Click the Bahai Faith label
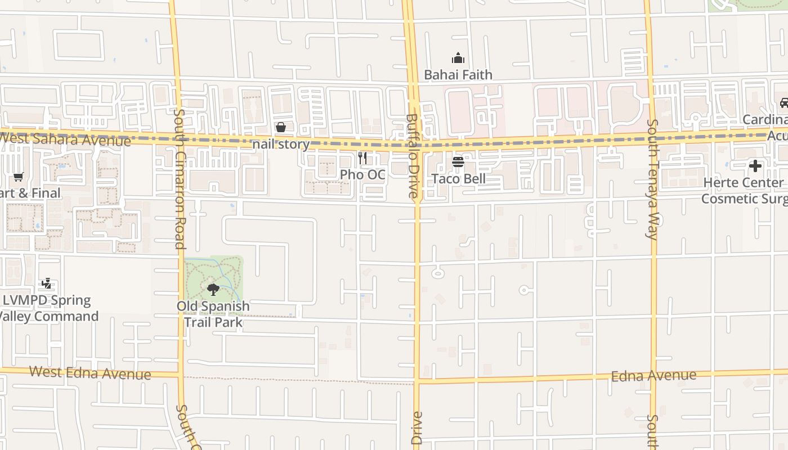coord(458,75)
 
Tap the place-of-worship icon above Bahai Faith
coord(458,58)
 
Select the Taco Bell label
coord(458,179)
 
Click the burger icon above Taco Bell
coord(458,163)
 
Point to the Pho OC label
coord(362,175)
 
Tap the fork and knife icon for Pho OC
coord(362,158)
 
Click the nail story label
coord(281,145)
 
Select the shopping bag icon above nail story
coord(281,128)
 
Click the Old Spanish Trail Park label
coord(213,314)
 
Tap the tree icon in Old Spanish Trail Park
coord(213,290)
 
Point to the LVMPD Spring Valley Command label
coord(48,308)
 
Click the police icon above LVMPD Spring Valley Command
coord(47,283)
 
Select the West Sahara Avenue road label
coord(65,139)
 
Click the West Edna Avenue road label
coord(90,372)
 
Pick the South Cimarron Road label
coord(179,179)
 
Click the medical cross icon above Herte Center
coord(755,166)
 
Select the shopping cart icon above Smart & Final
coord(19,177)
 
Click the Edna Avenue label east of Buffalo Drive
coord(653,376)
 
